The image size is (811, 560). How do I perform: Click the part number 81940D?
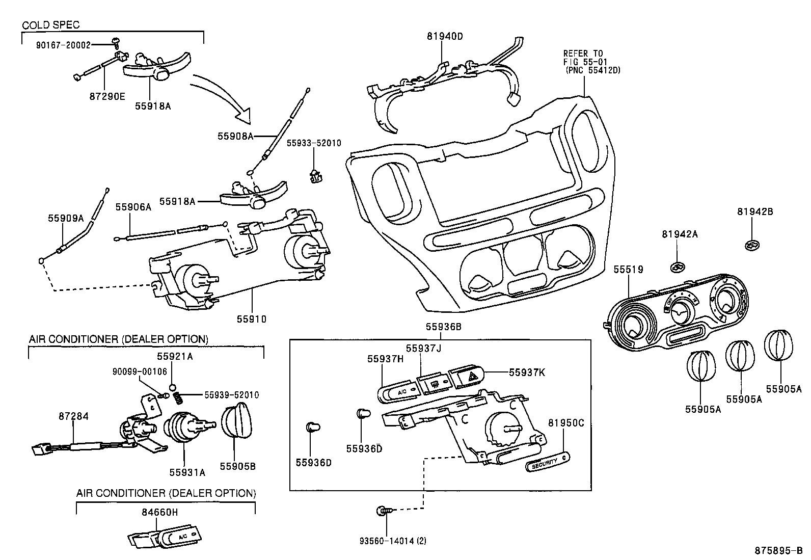tap(445, 36)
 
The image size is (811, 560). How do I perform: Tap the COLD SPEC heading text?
tap(50, 25)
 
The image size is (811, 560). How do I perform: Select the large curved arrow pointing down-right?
tap(224, 97)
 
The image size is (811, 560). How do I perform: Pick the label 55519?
tap(628, 270)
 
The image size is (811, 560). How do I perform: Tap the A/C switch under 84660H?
tap(168, 537)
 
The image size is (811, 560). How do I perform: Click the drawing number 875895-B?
tap(778, 551)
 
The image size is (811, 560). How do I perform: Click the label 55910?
tap(251, 319)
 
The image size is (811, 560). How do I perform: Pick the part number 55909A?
tap(66, 218)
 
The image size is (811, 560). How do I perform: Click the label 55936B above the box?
tap(443, 327)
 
